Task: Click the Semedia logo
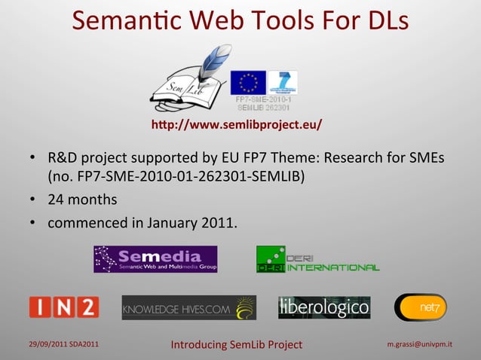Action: click(155, 259)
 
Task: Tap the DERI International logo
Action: click(317, 259)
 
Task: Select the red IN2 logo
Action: click(64, 307)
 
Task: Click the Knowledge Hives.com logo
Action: click(188, 307)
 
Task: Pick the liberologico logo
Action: click(324, 307)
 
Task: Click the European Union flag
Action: click(248, 82)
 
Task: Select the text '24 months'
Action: click(82, 200)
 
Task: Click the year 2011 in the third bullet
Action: click(218, 223)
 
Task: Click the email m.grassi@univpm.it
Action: click(420, 344)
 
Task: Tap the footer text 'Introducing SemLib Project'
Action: click(236, 345)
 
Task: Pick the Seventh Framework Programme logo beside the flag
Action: click(283, 82)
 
